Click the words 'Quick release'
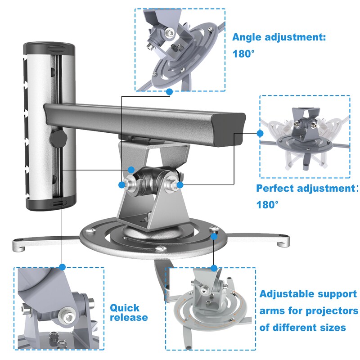(129, 312)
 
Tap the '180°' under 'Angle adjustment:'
(243, 54)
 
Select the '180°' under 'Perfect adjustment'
(267, 205)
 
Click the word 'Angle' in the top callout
(247, 37)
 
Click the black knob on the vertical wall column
(58, 138)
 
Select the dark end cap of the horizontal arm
(229, 129)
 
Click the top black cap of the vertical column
(49, 48)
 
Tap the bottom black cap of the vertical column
(51, 202)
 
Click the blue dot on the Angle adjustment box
(170, 92)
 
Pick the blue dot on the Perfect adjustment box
(260, 133)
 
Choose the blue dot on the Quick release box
(62, 267)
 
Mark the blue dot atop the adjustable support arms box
(214, 268)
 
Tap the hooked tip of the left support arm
(19, 246)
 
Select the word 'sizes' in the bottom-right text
(333, 328)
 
